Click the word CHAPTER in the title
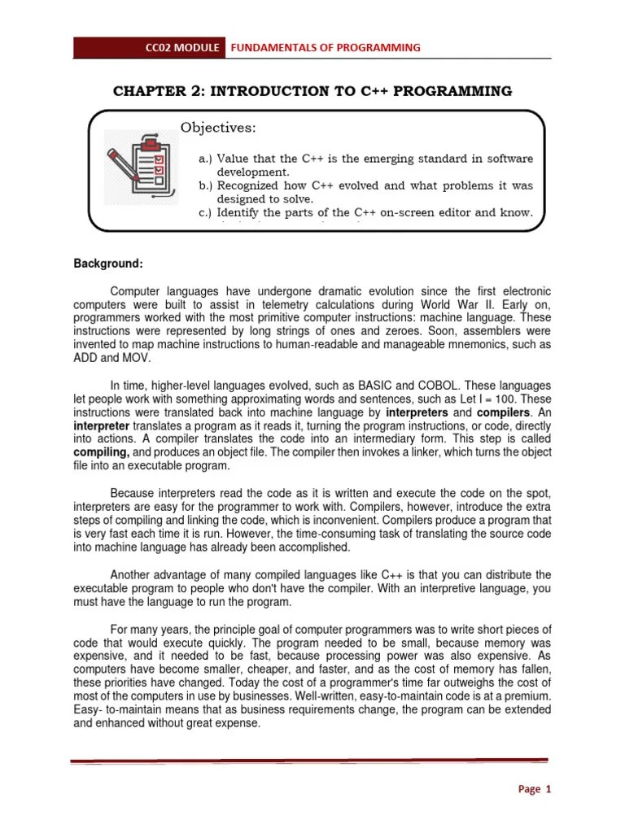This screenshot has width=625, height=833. (x=151, y=91)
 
